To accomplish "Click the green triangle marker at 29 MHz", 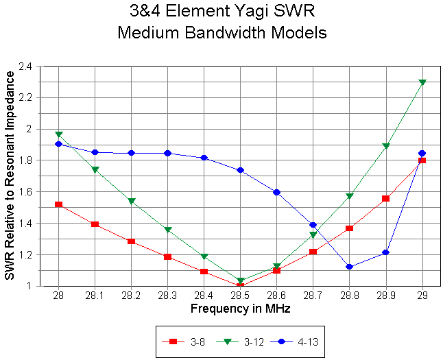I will pos(422,82).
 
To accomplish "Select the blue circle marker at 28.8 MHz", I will pos(350,267).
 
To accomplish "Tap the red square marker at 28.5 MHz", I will pos(240,285).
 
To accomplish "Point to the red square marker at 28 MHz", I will pos(58,204).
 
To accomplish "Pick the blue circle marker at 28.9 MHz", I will pos(386,252).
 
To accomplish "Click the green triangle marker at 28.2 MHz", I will pos(131,202).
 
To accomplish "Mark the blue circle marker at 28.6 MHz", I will pos(276,192).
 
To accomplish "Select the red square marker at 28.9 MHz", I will pos(386,198).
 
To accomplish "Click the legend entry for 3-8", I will pos(180,341).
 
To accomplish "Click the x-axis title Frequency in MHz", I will pos(240,309).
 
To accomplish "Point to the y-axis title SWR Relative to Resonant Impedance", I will pos(10,176).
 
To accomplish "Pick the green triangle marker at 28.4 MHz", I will pos(204,256).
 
